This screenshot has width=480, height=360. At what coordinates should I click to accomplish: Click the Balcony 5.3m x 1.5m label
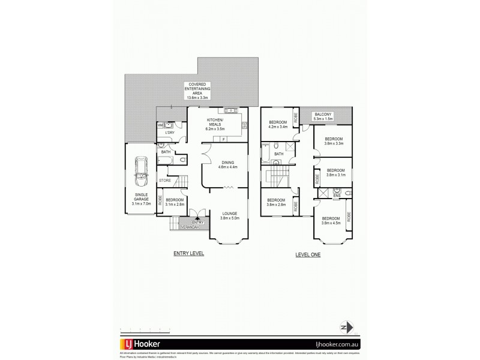(x=323, y=116)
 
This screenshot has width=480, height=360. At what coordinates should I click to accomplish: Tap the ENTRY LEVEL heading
(x=189, y=254)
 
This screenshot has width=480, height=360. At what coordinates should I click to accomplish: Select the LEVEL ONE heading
(x=308, y=254)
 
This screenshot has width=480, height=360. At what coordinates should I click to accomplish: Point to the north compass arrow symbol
(x=345, y=328)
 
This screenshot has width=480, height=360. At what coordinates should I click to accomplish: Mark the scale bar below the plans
(x=146, y=329)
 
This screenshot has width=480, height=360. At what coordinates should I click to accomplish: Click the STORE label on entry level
(x=165, y=180)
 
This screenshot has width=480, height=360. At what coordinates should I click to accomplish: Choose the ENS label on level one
(x=337, y=194)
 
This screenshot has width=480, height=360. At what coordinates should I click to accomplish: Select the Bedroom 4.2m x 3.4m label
(x=278, y=124)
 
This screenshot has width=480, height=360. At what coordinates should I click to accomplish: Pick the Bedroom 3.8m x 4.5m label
(x=331, y=221)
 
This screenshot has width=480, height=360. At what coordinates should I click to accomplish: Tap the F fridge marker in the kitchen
(x=223, y=139)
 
